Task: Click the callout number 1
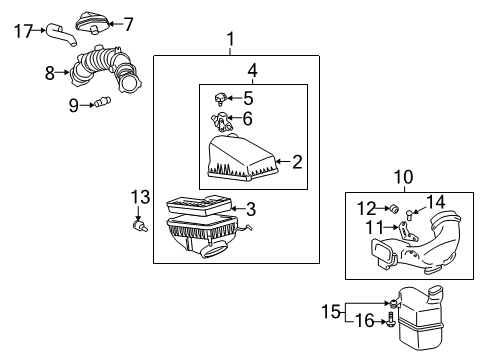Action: point(231,39)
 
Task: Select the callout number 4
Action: point(253,71)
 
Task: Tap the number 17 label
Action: point(23,31)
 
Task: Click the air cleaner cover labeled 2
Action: point(240,160)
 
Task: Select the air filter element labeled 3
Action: point(199,210)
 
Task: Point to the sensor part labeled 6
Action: point(220,121)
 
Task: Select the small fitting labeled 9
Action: point(102,103)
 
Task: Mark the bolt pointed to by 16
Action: point(391,322)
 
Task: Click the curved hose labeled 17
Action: point(59,38)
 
